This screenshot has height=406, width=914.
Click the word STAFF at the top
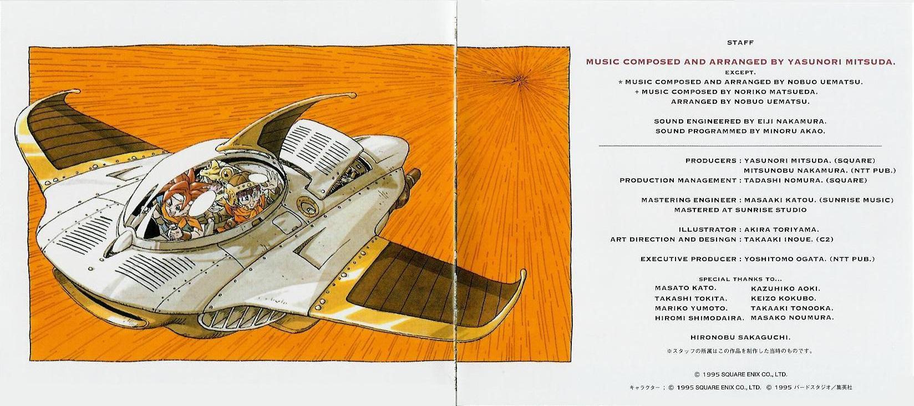(x=740, y=43)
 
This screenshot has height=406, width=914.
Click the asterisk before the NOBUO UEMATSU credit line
(x=621, y=82)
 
